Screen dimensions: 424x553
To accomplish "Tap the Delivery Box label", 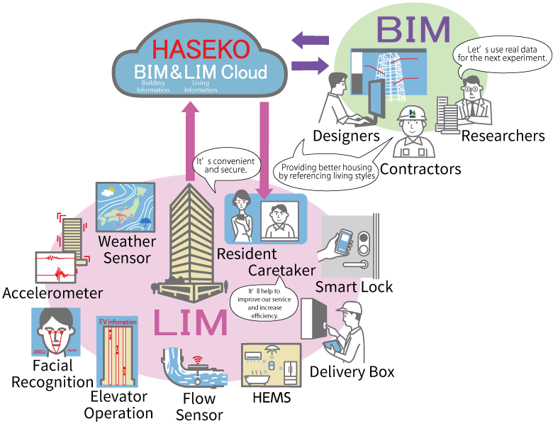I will pyautogui.click(x=352, y=371).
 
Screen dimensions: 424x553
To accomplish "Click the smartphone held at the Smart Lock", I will pyautogui.click(x=345, y=241).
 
